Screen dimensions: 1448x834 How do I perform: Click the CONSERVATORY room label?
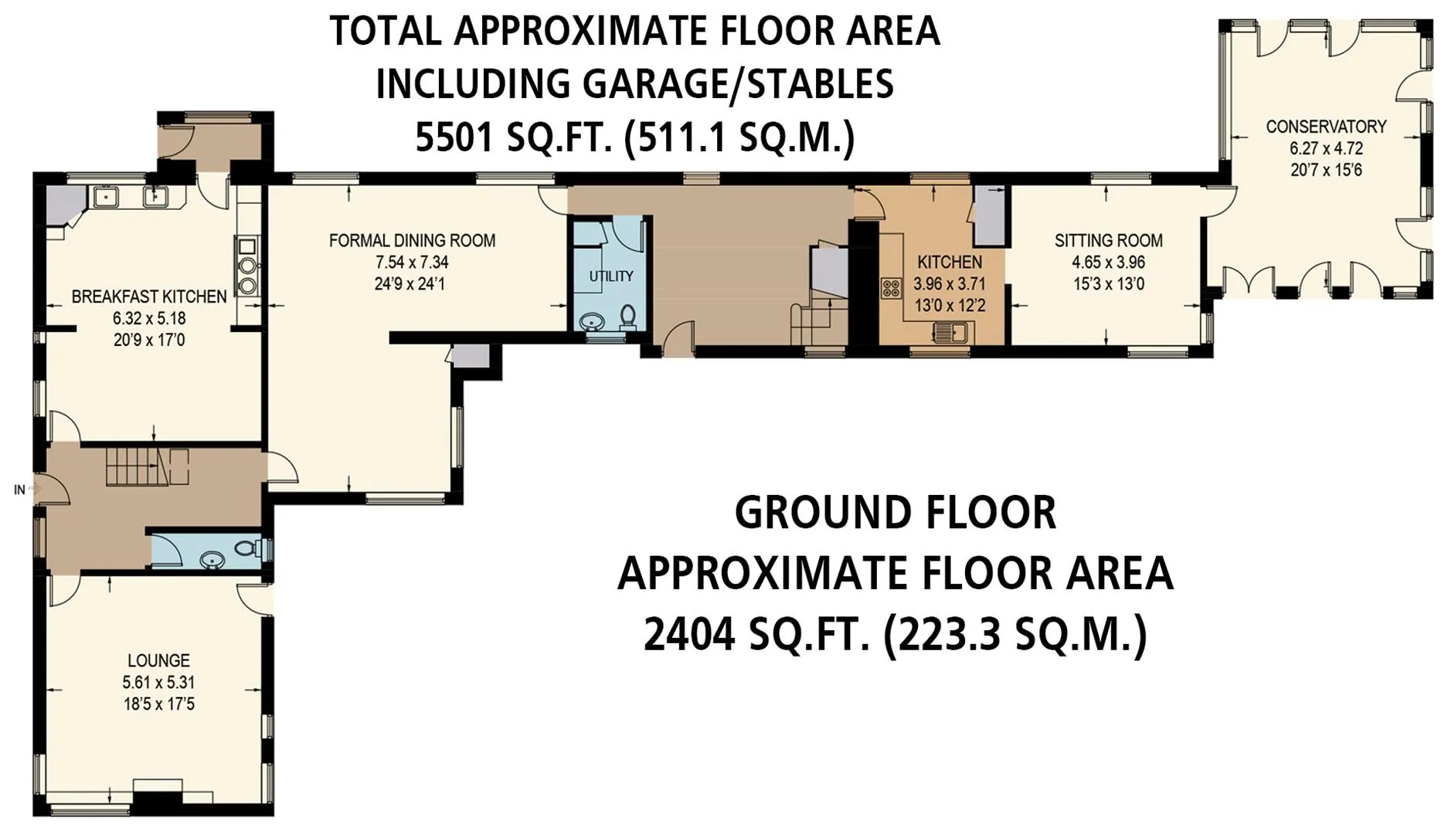pos(1326,127)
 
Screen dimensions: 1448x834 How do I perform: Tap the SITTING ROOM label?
pos(1109,241)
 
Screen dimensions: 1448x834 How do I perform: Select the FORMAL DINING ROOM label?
pos(412,241)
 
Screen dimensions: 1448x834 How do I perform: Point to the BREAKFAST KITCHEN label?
pos(149,297)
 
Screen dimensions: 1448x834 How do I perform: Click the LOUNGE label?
pos(158,661)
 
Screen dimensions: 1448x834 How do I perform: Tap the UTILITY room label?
pos(611,276)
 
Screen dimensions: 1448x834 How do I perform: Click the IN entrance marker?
pos(19,490)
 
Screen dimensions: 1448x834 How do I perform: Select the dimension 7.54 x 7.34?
pos(412,263)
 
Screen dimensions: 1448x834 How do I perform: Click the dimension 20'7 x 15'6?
pos(1326,170)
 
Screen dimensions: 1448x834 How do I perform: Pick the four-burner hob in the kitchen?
pos(891,288)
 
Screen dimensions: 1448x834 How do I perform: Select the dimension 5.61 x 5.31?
pos(158,683)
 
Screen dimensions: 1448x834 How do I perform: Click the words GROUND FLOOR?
pos(896,513)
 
